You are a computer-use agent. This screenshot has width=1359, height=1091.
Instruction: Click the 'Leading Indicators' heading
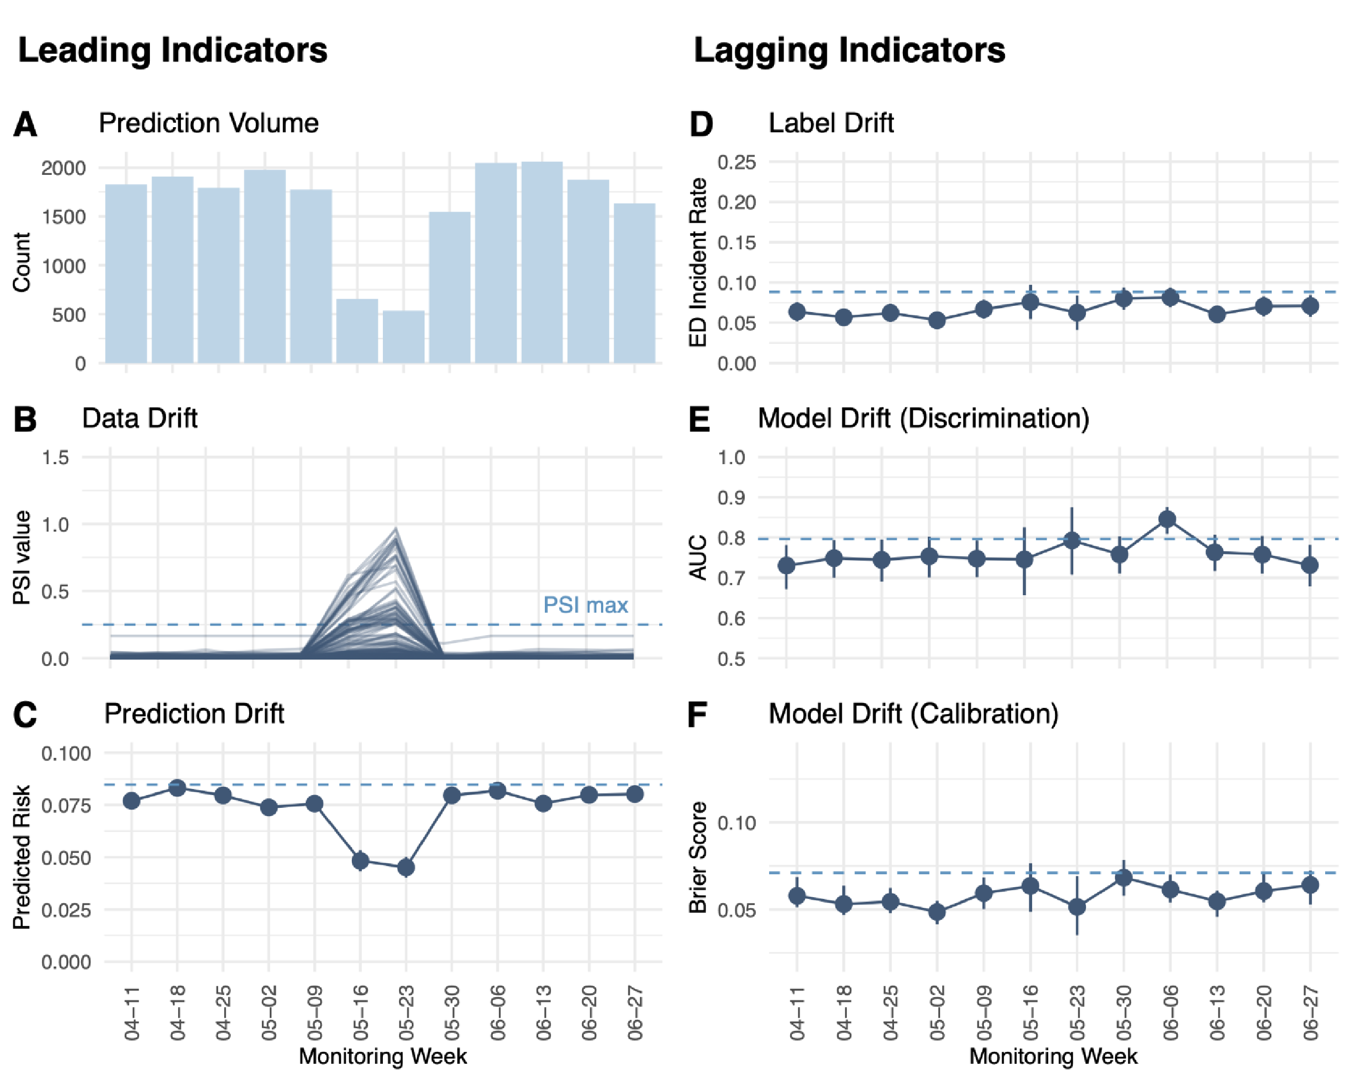pos(172,51)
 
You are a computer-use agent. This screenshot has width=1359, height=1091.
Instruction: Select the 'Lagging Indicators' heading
pos(849,51)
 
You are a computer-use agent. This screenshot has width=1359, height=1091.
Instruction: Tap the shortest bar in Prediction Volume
pos(403,337)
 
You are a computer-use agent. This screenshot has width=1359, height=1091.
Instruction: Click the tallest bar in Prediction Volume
pos(542,263)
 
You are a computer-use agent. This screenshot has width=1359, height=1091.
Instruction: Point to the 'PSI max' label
pos(585,605)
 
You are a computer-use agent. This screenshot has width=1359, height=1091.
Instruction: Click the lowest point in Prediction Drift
pos(406,868)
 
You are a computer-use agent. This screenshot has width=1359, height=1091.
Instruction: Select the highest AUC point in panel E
pos(1168,520)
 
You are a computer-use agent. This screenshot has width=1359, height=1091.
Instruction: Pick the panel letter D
pos(701,124)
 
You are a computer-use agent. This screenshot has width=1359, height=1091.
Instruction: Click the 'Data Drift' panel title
pos(139,418)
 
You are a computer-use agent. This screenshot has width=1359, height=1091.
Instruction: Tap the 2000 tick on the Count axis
pos(63,168)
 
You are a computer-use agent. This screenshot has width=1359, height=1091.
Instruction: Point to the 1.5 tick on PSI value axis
pos(55,457)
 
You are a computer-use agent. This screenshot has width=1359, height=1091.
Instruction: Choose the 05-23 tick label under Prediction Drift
pos(407,1013)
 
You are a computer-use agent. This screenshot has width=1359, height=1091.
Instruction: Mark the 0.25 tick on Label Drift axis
pos(736,163)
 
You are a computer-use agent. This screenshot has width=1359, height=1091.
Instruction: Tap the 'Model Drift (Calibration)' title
pos(913,714)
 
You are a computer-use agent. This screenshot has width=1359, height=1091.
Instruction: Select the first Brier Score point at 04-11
pos(797,896)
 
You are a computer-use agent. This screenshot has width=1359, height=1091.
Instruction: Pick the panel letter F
pos(697,716)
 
